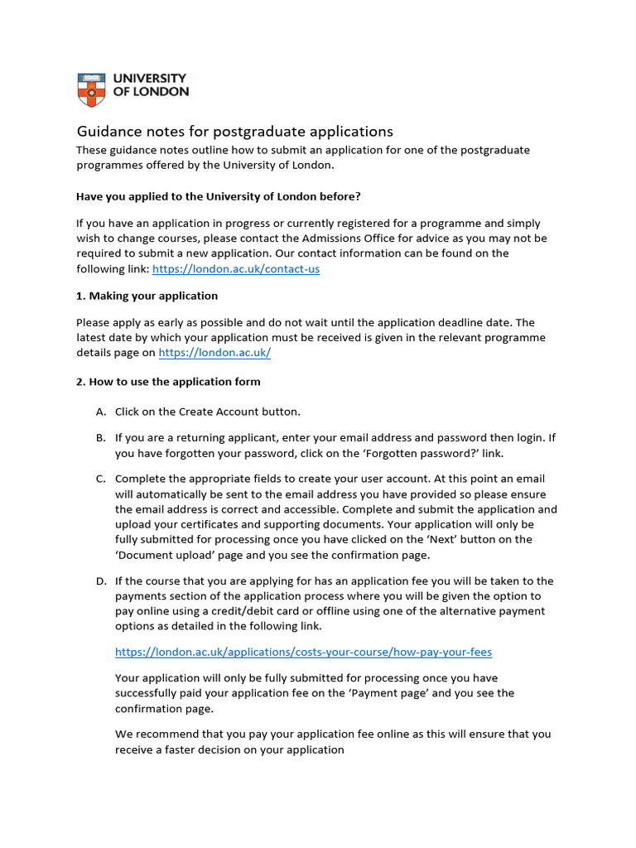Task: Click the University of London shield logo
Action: click(x=92, y=89)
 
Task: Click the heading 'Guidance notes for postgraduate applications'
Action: click(x=234, y=132)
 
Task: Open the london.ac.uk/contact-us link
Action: click(x=236, y=269)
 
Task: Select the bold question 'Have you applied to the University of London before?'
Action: click(x=219, y=196)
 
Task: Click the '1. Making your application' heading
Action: click(x=147, y=296)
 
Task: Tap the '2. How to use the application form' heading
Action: click(x=168, y=382)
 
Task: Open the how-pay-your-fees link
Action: click(x=303, y=653)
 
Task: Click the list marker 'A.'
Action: click(x=101, y=412)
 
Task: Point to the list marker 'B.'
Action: click(x=101, y=438)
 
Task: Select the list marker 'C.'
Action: click(x=101, y=479)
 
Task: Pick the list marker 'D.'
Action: click(x=101, y=581)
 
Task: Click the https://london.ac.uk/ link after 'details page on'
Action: click(x=214, y=353)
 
